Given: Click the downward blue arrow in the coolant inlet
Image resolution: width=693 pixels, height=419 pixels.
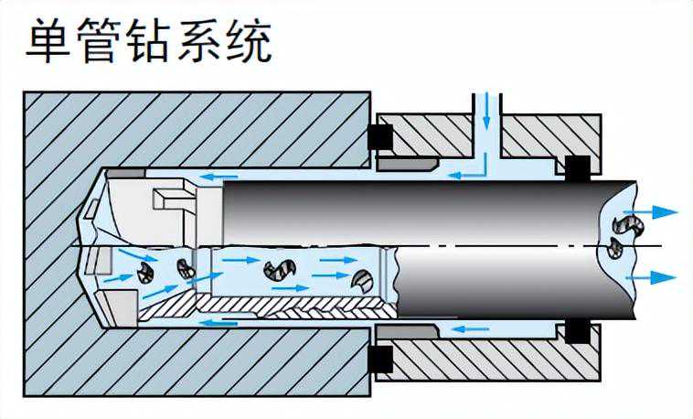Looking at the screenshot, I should coord(486,112).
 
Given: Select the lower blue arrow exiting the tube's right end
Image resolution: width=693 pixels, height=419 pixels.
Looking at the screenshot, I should coord(656,276).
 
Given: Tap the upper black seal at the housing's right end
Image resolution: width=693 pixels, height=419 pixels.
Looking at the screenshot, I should coord(577,167).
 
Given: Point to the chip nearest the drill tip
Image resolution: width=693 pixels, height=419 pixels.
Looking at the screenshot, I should coord(144,273).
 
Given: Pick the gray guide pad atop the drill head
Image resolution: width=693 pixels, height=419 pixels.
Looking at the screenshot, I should coord(125,171).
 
